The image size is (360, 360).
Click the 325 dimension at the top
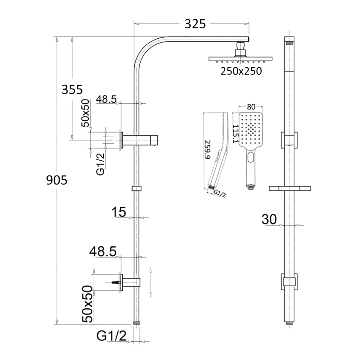pyautogui.click(x=195, y=24)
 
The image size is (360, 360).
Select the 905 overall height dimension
pyautogui.click(x=57, y=180)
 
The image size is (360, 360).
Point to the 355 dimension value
pyautogui.click(x=72, y=89)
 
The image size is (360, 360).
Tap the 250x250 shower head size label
pyautogui.click(x=241, y=71)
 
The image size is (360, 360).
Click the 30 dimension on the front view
pyautogui.click(x=269, y=219)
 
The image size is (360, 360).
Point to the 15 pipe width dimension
pyautogui.click(x=118, y=212)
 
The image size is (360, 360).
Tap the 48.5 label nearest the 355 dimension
pyautogui.click(x=107, y=99)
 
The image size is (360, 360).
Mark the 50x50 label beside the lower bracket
pyautogui.click(x=88, y=304)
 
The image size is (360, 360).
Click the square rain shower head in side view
pyautogui.click(x=240, y=59)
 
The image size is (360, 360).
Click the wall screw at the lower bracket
pyautogui.click(x=115, y=282)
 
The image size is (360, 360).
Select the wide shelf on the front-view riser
pyautogui.click(x=290, y=188)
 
